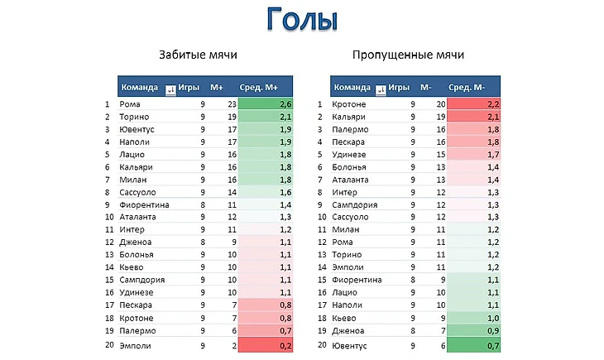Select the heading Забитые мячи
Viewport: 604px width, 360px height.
click(198, 55)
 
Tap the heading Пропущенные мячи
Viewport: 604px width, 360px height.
click(408, 55)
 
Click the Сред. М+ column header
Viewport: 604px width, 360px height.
click(260, 87)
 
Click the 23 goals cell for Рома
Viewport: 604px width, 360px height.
click(232, 105)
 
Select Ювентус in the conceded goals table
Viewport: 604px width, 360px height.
click(349, 344)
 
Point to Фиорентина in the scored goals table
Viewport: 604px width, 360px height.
click(144, 204)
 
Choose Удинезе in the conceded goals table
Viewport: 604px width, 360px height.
click(348, 155)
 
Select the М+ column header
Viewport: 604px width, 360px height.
click(217, 87)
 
